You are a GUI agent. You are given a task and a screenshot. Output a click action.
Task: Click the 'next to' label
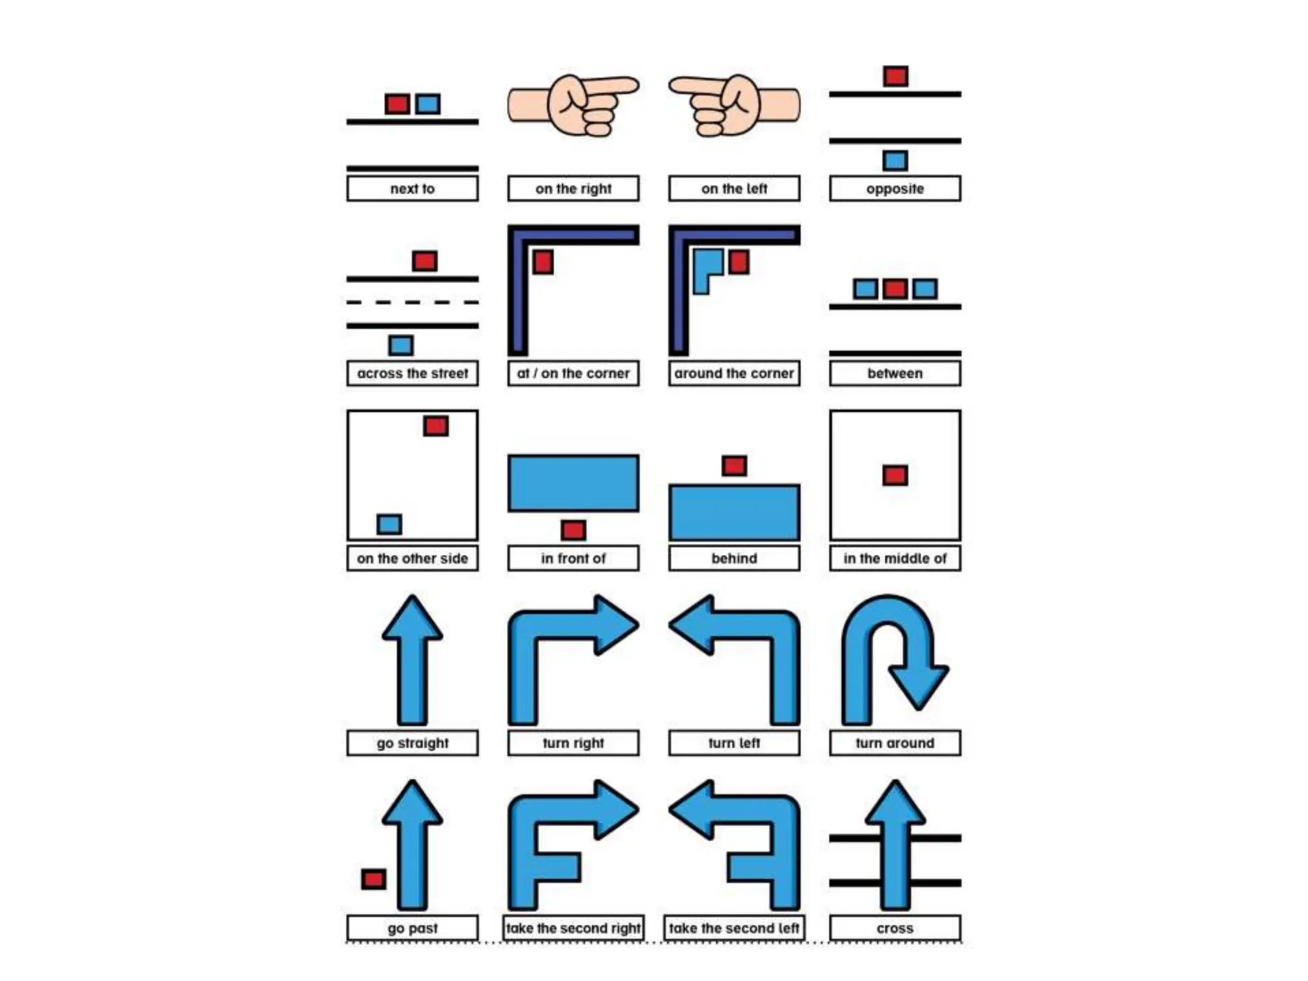[x=412, y=188]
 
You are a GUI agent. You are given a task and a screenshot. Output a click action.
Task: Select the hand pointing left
[x=734, y=105]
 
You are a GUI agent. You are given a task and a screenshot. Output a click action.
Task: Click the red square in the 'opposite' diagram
[x=895, y=77]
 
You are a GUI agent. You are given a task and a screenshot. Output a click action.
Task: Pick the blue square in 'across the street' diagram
[x=400, y=346]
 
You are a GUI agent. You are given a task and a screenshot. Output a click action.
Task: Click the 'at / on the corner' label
[x=573, y=373]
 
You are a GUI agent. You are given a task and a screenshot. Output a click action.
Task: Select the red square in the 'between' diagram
[x=895, y=289]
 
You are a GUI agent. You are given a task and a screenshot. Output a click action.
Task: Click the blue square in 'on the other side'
[x=389, y=524]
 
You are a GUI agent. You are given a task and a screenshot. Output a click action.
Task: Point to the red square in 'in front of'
[x=573, y=530]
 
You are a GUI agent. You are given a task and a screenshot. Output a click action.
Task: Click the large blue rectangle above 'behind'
[x=734, y=512]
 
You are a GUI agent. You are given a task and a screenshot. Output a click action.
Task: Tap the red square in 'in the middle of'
[x=895, y=475]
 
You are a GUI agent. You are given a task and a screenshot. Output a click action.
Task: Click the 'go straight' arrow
[x=413, y=664]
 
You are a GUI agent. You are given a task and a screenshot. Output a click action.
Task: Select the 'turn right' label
[x=573, y=743]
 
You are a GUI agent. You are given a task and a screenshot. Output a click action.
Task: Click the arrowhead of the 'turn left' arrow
[x=693, y=625]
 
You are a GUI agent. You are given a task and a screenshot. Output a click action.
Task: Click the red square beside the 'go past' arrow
[x=374, y=879]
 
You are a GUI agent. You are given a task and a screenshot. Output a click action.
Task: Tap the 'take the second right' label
[x=573, y=928]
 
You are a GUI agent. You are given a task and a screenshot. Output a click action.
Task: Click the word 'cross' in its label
[x=895, y=928]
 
